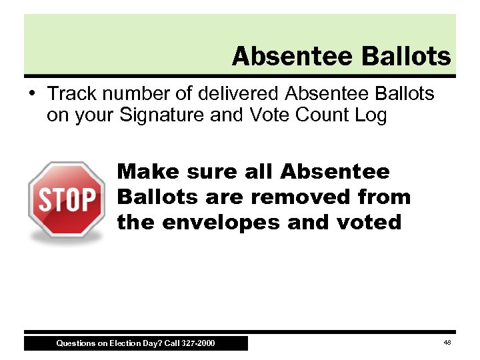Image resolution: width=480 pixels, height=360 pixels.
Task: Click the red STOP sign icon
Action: tap(66, 199)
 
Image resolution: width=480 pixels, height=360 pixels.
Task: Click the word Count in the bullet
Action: tap(319, 115)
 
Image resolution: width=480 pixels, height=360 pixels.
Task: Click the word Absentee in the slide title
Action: tap(294, 57)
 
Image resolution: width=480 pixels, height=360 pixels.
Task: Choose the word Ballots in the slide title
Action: tap(406, 57)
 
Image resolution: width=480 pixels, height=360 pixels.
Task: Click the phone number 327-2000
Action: tap(198, 343)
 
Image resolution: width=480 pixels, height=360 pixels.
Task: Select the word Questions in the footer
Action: tap(75, 343)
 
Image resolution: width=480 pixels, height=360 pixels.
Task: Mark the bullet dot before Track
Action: tap(33, 92)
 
